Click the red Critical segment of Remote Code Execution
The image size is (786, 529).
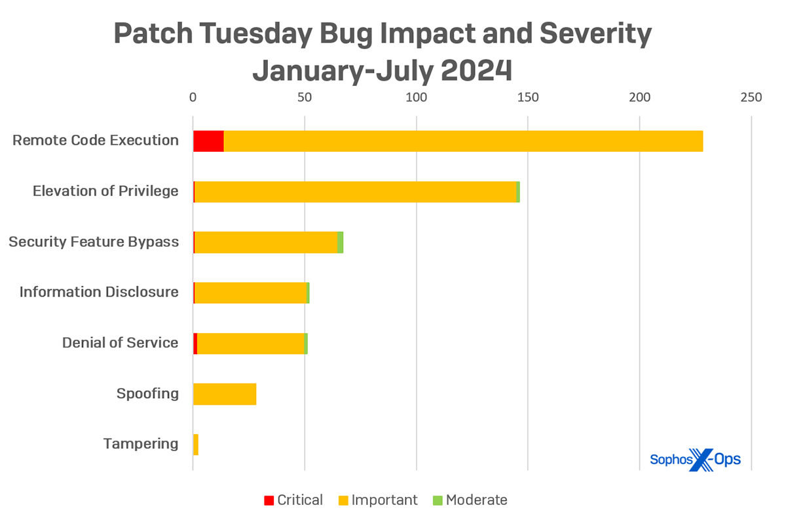[x=208, y=141]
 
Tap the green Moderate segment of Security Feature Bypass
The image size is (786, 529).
[x=341, y=242]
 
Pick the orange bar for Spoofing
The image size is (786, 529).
[x=225, y=394]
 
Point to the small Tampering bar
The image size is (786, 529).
[x=196, y=445]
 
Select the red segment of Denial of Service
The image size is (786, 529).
[x=195, y=344]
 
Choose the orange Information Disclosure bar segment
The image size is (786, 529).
[x=250, y=293]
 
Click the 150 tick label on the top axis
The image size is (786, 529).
[x=527, y=98]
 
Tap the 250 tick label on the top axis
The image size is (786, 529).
[x=751, y=98]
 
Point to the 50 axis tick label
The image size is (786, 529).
[x=305, y=98]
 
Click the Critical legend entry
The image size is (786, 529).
[x=293, y=500]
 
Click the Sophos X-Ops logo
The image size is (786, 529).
[x=695, y=459]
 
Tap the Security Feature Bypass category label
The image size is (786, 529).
[x=94, y=242]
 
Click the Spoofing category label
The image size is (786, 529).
[x=147, y=393]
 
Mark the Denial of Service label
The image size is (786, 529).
[x=120, y=342]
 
